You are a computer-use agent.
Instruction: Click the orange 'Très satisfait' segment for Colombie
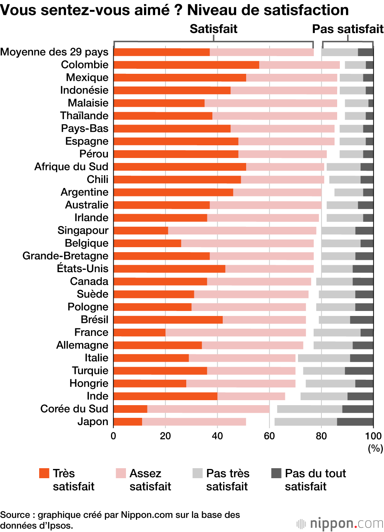point(186,65)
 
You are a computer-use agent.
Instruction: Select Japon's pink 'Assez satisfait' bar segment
point(194,422)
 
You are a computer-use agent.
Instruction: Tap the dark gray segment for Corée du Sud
point(358,409)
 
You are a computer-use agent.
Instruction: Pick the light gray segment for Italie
point(324,358)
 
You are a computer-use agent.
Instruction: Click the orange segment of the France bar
point(139,332)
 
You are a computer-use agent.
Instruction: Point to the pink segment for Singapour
point(242,231)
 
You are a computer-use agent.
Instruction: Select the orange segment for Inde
point(166,396)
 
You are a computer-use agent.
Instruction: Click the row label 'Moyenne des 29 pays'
point(55,52)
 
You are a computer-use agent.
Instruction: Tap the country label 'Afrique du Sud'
point(71,167)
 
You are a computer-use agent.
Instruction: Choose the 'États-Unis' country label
point(83,269)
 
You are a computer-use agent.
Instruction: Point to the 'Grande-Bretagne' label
point(65,256)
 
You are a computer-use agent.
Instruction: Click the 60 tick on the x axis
point(269,436)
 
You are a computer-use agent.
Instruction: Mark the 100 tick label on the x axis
point(373,436)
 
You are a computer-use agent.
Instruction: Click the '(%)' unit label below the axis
point(375,448)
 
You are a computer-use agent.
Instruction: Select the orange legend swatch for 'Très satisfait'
point(44,473)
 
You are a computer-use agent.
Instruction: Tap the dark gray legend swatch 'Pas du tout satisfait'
point(276,473)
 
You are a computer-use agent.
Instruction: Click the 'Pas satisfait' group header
point(348,29)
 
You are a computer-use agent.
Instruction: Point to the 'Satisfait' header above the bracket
point(214,29)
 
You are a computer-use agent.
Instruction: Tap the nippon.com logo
point(340,524)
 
